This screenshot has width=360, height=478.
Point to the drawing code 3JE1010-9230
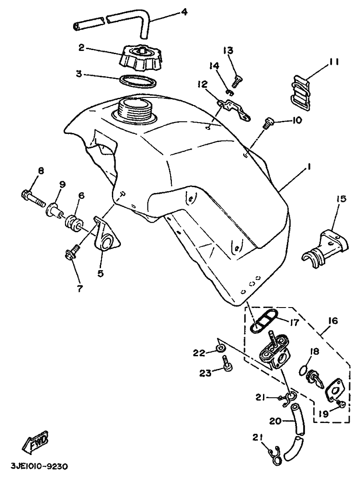click(39, 467)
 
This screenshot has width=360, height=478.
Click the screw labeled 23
click(227, 363)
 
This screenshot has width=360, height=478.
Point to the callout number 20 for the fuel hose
click(276, 421)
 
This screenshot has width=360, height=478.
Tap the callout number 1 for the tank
click(309, 167)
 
